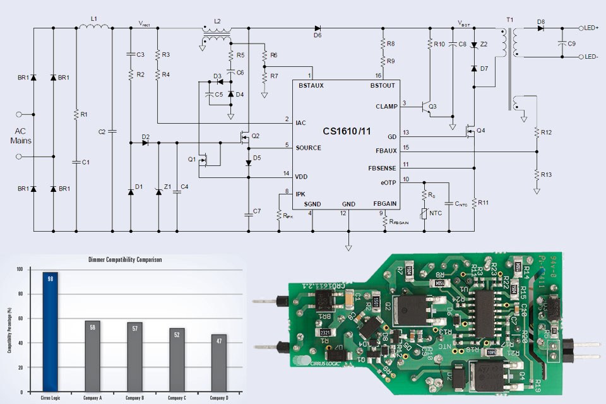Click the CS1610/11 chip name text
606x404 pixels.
pos(348,131)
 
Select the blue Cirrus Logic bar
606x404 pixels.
pos(50,335)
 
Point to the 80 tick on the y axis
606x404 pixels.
pos(19,294)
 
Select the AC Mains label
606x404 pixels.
pos(21,135)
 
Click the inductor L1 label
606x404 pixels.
pos(93,20)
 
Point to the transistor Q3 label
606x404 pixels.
pos(432,107)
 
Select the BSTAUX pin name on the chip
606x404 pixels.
pos(311,86)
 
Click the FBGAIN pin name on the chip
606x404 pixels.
pos(384,204)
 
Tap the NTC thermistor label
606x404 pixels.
pos(436,213)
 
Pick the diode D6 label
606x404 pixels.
pos(317,36)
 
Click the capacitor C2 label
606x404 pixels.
pos(102,131)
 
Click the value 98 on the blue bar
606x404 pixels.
pos(50,276)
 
